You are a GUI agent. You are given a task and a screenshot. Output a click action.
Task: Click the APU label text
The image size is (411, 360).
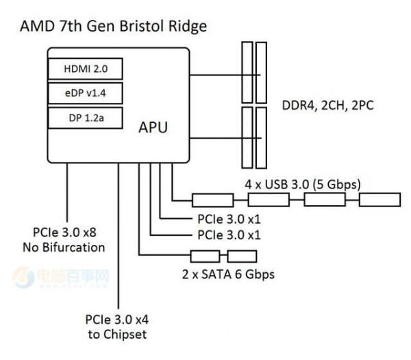(x=153, y=128)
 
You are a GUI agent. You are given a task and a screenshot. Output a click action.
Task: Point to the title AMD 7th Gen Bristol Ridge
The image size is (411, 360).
(x=114, y=27)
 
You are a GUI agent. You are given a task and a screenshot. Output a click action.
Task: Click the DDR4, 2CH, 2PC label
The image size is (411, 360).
(x=327, y=106)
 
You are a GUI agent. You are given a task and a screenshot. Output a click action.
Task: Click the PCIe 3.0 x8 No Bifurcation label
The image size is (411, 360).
(x=68, y=240)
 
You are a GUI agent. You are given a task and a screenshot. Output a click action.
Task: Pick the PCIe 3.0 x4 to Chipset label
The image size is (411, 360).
(x=116, y=326)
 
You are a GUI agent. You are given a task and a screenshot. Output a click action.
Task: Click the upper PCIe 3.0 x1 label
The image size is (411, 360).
(x=228, y=219)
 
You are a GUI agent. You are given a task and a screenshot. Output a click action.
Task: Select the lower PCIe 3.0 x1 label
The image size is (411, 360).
(x=228, y=235)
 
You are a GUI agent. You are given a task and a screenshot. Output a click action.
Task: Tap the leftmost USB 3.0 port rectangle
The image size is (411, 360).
(x=212, y=200)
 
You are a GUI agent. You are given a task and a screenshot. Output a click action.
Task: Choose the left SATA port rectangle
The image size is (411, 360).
(x=205, y=256)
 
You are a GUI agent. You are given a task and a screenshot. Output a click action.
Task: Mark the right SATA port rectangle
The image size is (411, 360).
(x=241, y=256)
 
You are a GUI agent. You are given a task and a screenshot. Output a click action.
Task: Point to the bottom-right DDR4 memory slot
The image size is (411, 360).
(x=262, y=137)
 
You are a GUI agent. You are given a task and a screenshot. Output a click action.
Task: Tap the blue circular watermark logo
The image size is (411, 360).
(x=24, y=278)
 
